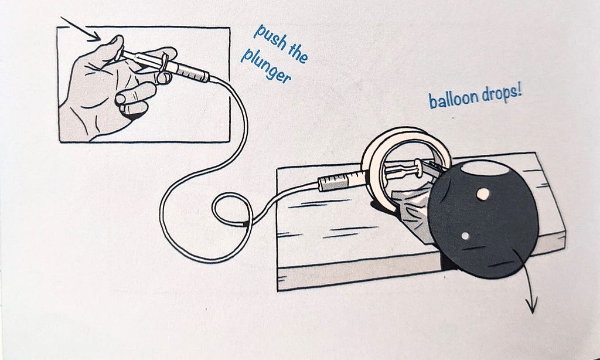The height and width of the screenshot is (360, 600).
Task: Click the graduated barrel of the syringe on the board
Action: [340, 180]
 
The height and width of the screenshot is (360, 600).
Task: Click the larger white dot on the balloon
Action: [483, 194]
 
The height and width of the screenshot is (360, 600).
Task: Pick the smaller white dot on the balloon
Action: [465, 236]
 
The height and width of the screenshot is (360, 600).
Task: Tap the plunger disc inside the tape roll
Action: [420, 168]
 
